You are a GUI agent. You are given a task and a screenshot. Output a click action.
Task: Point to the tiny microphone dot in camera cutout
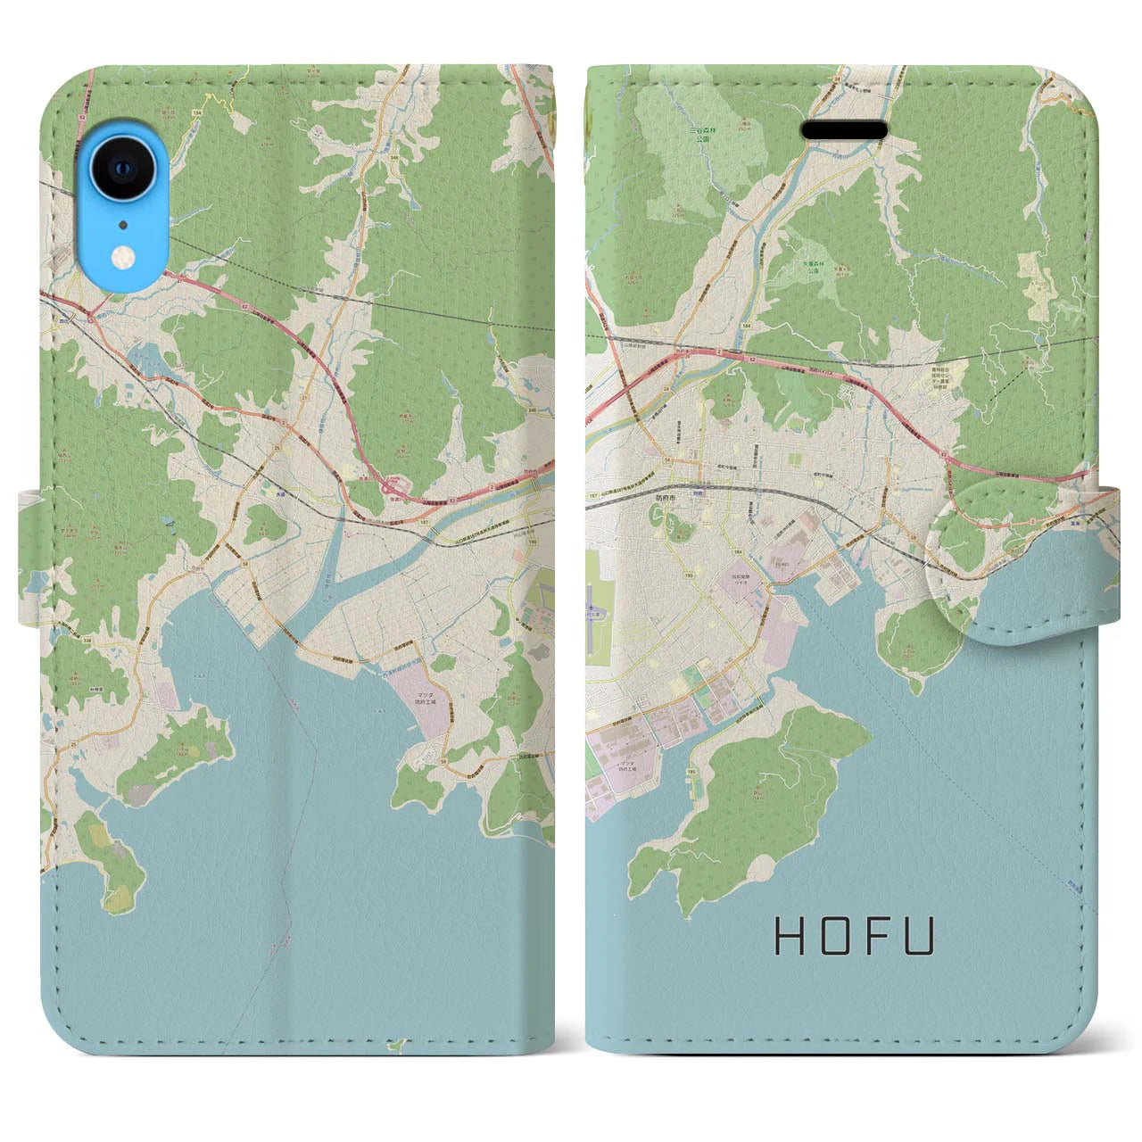pos(121,225)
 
